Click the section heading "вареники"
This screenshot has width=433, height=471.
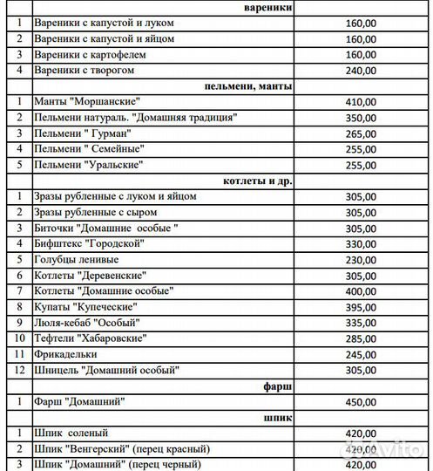tap(268, 8)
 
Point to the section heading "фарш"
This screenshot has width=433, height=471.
tap(278, 385)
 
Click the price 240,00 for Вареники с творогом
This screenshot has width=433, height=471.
tap(361, 71)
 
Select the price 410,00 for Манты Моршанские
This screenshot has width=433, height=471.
tap(361, 102)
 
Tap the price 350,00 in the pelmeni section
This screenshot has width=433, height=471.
tap(361, 118)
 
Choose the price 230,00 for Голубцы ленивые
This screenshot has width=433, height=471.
tap(361, 259)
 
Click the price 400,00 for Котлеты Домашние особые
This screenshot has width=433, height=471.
tap(361, 291)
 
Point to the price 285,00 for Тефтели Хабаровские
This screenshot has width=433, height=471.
tap(361, 338)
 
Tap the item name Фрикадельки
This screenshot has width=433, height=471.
tap(66, 354)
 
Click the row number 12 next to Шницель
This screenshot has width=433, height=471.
tap(17, 370)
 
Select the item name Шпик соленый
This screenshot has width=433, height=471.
tap(69, 433)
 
